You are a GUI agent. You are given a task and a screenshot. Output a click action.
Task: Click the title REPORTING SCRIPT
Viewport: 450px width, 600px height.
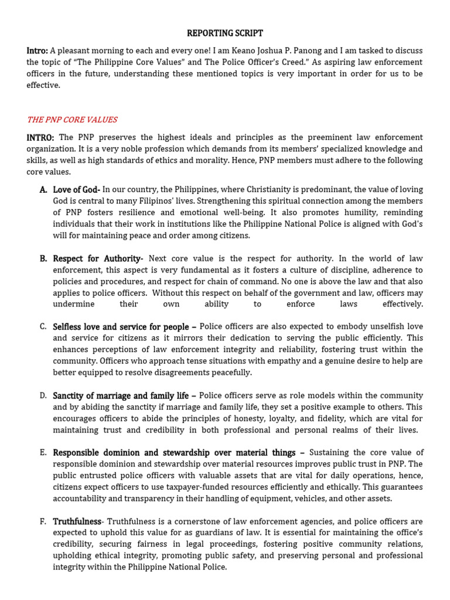pyautogui.click(x=225, y=33)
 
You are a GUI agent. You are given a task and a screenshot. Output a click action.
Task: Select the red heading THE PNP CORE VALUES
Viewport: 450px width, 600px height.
pyautogui.click(x=72, y=120)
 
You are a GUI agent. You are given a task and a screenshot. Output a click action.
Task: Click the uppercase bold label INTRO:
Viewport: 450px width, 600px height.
pyautogui.click(x=40, y=137)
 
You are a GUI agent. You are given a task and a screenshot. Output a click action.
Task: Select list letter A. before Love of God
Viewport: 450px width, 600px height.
pyautogui.click(x=43, y=189)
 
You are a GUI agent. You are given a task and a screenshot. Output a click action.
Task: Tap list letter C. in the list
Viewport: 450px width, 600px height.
pyautogui.click(x=43, y=326)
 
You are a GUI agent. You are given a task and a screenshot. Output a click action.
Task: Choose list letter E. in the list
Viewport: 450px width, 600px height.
pyautogui.click(x=43, y=452)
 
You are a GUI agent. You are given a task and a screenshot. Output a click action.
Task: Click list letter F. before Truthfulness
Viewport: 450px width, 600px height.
pyautogui.click(x=43, y=521)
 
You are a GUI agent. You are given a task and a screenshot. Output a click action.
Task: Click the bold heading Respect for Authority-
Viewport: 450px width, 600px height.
pyautogui.click(x=98, y=258)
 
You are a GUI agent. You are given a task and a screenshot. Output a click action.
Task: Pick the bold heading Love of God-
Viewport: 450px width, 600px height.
pyautogui.click(x=77, y=189)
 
